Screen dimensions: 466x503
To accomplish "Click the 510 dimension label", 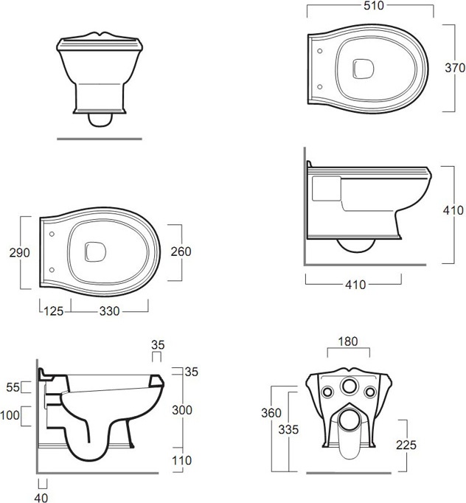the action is point(374,5).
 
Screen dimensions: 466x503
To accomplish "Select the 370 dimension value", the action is point(455,68).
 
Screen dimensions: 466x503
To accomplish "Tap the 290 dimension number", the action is point(20,253).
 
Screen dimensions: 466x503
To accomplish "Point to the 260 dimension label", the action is point(181,251).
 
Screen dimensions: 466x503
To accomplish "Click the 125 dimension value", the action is point(54,311).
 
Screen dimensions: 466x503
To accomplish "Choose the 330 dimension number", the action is point(109,311).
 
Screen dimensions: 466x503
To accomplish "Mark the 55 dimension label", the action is point(13,387).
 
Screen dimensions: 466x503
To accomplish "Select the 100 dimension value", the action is point(10,415).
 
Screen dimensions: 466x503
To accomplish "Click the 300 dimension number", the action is point(182,410).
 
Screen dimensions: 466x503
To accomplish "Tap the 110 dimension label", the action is point(182,461).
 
